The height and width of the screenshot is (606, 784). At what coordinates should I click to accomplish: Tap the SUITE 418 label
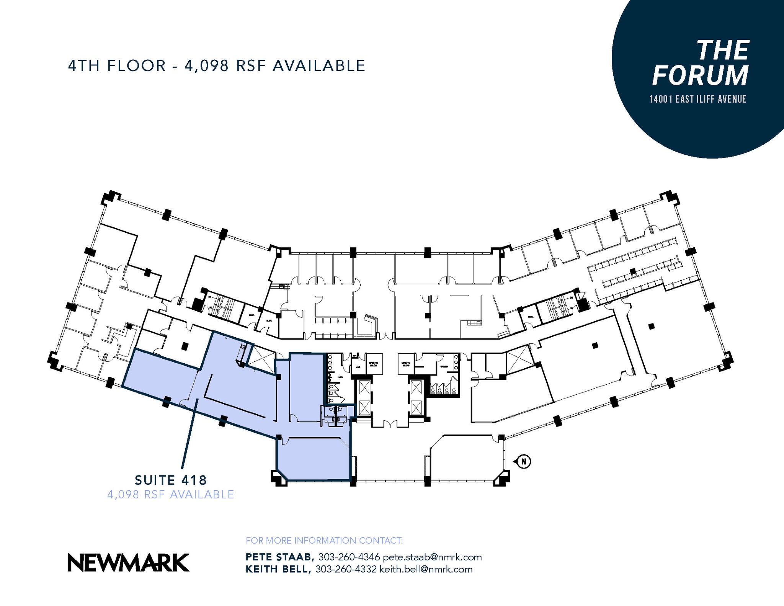click(171, 480)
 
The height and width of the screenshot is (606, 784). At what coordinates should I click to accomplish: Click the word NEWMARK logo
click(129, 563)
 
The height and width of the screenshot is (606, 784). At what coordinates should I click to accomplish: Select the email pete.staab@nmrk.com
click(432, 557)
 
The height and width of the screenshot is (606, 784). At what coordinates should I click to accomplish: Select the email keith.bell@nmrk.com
click(426, 569)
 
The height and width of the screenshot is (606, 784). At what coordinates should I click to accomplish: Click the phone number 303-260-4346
click(349, 557)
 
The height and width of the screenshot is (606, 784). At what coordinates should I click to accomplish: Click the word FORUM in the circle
click(700, 75)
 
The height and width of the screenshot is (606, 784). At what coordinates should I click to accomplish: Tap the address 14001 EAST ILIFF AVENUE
click(697, 100)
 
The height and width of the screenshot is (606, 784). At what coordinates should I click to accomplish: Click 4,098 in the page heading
click(207, 66)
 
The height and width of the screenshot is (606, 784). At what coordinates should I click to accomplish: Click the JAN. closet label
click(358, 366)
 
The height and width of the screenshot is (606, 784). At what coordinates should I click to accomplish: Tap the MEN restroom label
click(340, 377)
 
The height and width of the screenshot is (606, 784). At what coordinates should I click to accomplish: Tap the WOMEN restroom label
click(444, 366)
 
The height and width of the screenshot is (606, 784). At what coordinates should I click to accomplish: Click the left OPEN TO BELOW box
click(373, 364)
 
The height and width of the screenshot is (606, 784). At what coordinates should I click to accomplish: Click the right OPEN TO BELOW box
click(406, 364)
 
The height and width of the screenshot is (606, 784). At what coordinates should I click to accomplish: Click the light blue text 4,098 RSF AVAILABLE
click(171, 495)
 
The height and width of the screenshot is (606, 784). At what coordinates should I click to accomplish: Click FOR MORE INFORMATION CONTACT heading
click(324, 541)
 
